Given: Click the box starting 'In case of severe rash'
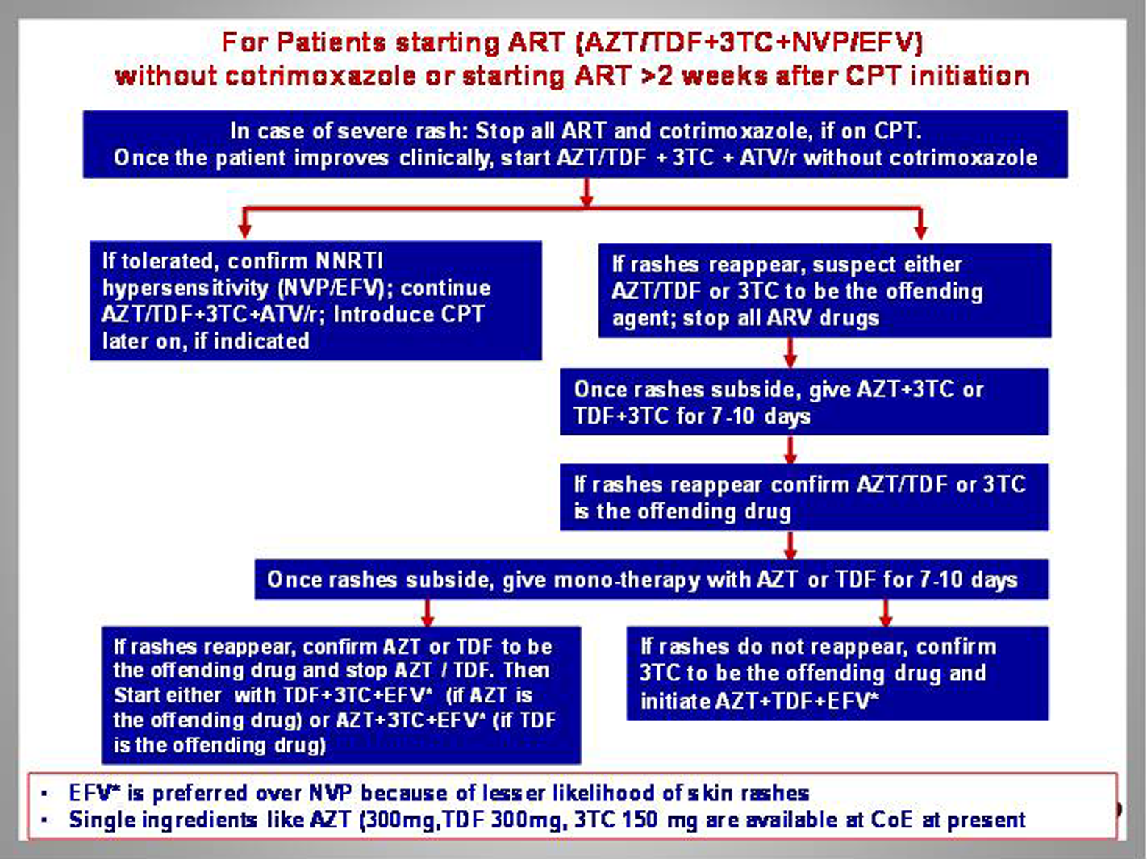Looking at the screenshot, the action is [x=575, y=144].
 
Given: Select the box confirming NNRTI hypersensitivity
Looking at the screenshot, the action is [x=315, y=301].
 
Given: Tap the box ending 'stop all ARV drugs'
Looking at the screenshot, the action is [x=824, y=291].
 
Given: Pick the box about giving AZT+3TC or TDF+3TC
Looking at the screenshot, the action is [x=804, y=402].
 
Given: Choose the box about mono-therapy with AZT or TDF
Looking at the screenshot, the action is [x=651, y=579].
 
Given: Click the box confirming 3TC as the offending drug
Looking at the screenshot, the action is [x=837, y=674].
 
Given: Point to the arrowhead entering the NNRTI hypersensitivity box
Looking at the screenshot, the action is [x=245, y=232].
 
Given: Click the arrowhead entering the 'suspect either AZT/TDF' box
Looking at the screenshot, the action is [x=921, y=232].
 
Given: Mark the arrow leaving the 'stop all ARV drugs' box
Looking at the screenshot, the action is [x=790, y=353].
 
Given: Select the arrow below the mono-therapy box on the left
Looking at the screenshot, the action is [x=427, y=613].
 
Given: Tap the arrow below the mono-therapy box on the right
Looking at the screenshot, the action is [x=885, y=613].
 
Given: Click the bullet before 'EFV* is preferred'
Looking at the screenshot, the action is [x=45, y=794].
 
